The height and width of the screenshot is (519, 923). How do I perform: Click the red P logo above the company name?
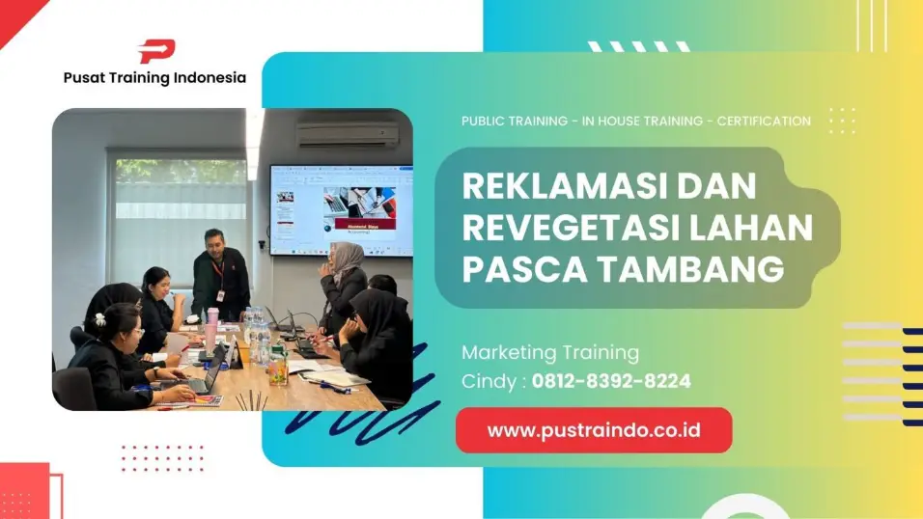155,51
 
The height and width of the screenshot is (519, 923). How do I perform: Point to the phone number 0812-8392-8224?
611,381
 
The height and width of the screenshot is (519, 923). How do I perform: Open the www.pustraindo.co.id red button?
594,430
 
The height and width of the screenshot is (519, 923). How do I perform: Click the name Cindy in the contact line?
490,381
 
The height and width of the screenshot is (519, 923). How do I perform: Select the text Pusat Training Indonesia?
154,78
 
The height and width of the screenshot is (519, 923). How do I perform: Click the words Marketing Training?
550,352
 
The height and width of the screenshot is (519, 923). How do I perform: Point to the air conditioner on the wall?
348,134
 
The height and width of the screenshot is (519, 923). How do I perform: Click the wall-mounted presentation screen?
341,209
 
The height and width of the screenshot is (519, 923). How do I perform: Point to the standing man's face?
214,241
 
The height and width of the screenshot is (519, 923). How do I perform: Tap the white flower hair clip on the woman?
99,319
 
